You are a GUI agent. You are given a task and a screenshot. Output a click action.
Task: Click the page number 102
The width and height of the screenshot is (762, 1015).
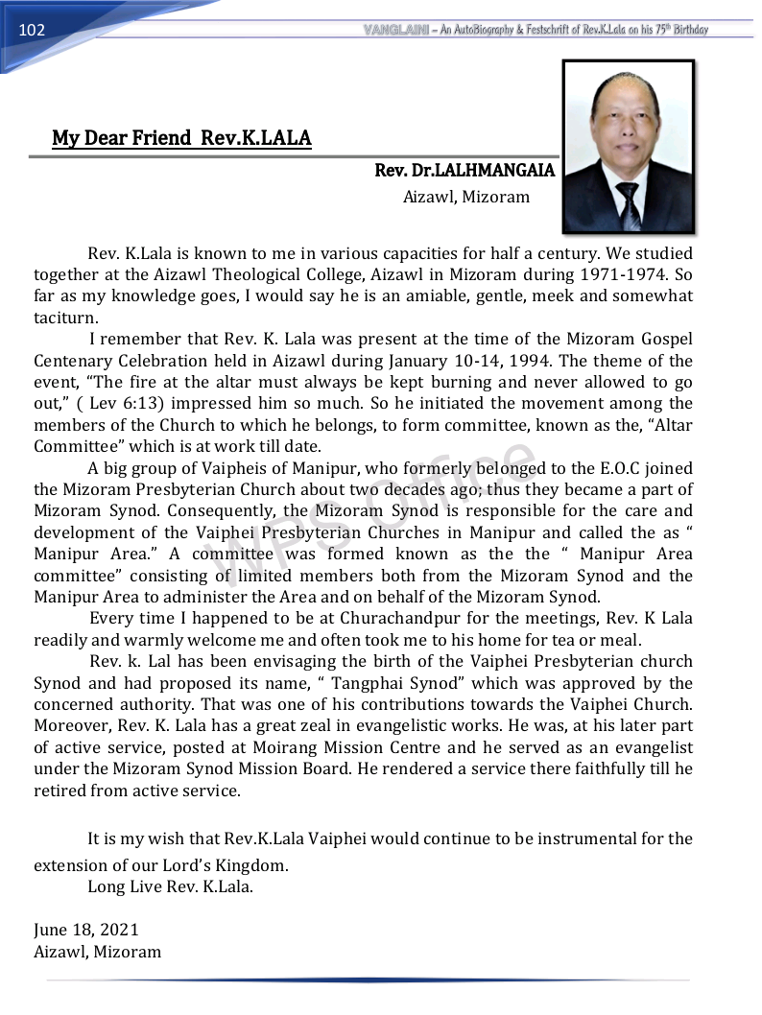point(32,30)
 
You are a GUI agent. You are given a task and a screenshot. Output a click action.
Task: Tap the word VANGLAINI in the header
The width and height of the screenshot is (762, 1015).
point(397,30)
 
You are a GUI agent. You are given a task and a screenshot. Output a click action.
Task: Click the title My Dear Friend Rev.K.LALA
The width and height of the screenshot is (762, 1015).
point(181,138)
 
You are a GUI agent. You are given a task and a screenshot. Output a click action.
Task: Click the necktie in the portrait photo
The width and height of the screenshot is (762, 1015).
point(629,204)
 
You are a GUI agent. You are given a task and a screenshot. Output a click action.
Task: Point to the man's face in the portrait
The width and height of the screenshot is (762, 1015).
point(628,130)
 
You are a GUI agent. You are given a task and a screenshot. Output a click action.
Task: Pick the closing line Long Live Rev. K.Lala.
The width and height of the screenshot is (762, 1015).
point(171,886)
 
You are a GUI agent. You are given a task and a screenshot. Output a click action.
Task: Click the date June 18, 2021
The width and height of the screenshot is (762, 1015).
point(86,931)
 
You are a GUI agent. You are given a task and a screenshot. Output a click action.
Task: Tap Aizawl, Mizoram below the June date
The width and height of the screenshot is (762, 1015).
point(98,952)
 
